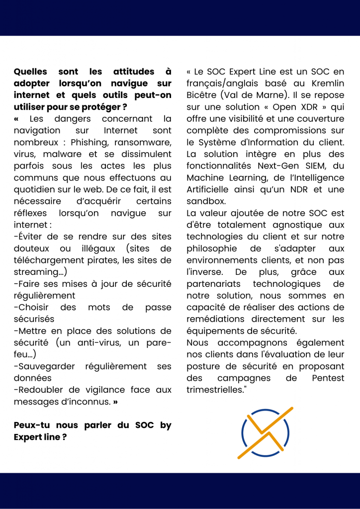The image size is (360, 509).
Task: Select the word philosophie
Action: point(213,248)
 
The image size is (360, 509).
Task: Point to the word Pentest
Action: point(328,378)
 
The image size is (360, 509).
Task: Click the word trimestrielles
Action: point(216,390)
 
